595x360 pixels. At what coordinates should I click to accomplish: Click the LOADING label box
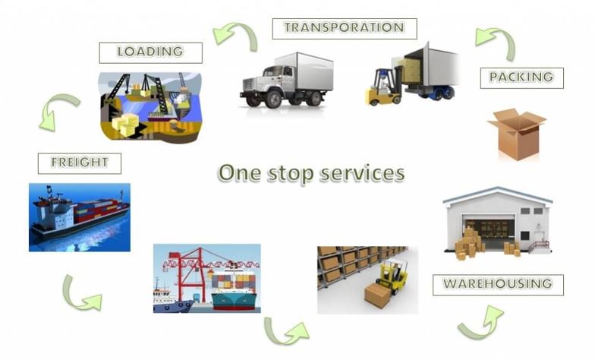coord(150,53)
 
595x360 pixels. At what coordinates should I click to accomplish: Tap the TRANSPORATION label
coord(345,29)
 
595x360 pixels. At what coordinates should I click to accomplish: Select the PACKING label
coord(522,78)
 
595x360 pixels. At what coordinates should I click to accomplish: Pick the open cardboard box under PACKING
coord(517,134)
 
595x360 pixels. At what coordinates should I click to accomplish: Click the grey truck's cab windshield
coord(273,71)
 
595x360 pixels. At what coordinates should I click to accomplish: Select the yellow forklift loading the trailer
coord(383,87)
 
